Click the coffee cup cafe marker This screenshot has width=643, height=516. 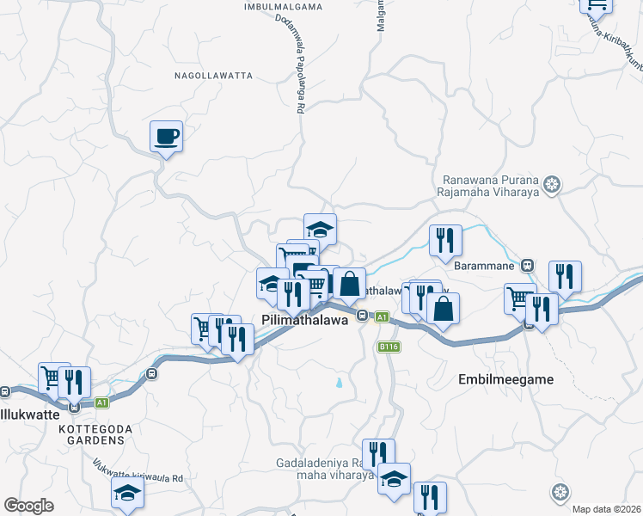point(167,135)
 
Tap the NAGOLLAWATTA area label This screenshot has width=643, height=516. point(214,76)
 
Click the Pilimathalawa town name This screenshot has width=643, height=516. point(303,319)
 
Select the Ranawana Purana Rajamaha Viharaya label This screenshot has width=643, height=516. point(490,188)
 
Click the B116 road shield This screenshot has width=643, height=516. point(389,347)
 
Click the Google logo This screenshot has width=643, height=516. point(28,506)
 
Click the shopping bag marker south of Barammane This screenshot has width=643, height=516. point(442,310)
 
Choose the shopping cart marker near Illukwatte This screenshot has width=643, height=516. point(52,377)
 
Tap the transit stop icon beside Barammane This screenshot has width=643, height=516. point(527,265)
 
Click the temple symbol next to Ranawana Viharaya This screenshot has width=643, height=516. point(553,183)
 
